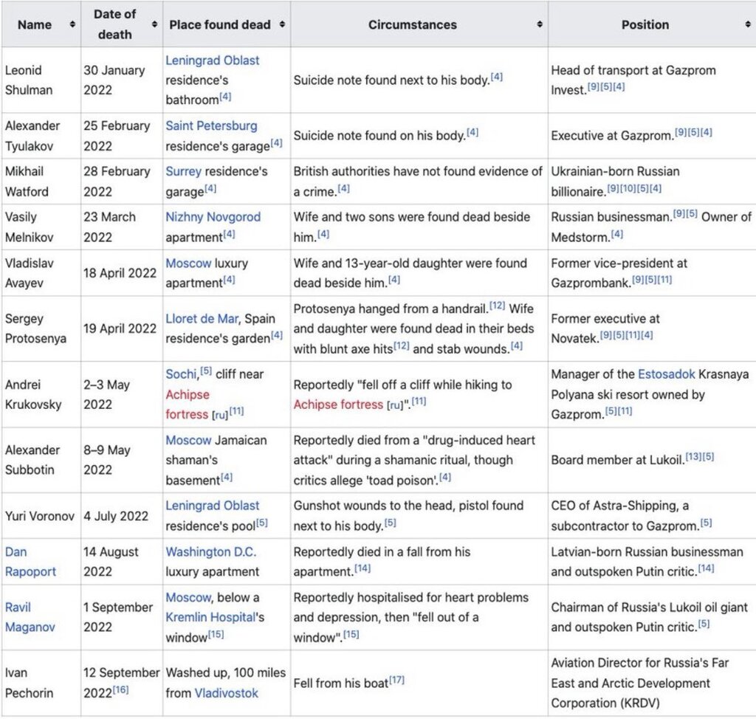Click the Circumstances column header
412,24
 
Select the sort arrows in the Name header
72,24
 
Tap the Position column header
645,24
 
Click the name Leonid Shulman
24,80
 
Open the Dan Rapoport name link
30,561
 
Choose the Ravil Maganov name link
30,617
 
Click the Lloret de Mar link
202,319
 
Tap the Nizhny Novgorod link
213,217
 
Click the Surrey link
183,171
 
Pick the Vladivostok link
226,693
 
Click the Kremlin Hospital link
210,616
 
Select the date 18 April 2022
120,272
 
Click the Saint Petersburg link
211,125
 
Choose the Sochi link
181,374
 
